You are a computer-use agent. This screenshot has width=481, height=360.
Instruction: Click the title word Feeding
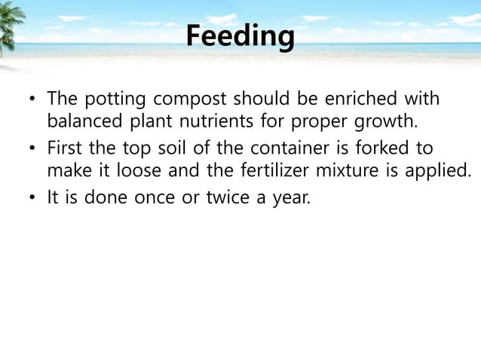tap(240, 35)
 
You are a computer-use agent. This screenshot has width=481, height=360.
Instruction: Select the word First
tap(65, 148)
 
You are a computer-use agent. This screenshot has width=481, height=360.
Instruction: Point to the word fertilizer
tap(245, 171)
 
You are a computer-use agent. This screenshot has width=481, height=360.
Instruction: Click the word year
tap(291, 199)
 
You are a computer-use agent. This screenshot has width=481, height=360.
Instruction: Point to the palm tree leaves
tap(9, 26)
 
